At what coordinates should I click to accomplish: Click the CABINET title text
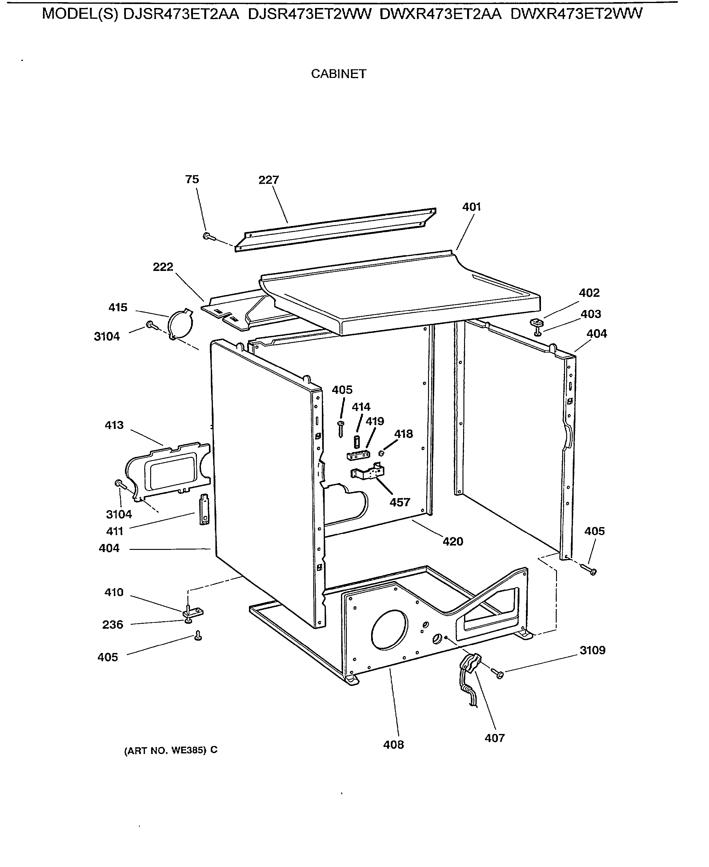[338, 74]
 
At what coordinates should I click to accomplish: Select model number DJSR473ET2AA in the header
[181, 14]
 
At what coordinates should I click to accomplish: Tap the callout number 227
[268, 180]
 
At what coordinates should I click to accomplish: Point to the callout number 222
[163, 267]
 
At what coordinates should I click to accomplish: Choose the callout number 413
[114, 425]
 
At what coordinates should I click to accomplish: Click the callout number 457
[399, 502]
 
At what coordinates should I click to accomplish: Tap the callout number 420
[453, 542]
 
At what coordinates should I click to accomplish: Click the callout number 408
[393, 745]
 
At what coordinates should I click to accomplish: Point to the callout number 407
[495, 738]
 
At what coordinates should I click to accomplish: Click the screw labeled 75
[207, 236]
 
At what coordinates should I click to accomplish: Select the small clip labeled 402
[537, 323]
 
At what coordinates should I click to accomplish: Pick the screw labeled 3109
[498, 674]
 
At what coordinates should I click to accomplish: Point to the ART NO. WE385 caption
[171, 750]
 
